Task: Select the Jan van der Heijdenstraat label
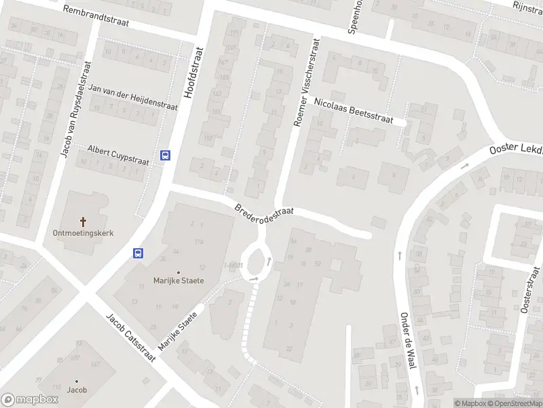coord(133,98)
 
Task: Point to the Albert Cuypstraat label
coord(118,155)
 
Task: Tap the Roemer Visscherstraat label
coord(305,82)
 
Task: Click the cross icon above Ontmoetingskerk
coord(83,222)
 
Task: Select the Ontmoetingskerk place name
coord(83,233)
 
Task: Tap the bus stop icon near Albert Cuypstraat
coord(165,155)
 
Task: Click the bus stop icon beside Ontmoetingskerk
coord(138,253)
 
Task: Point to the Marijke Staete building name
coord(179,280)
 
